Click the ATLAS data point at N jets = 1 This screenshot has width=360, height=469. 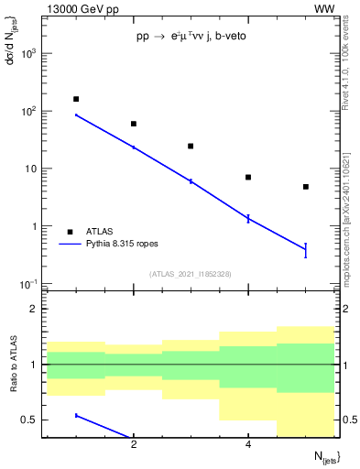click(76, 99)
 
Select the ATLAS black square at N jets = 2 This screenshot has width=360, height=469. click(134, 124)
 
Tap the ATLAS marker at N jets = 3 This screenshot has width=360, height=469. click(191, 146)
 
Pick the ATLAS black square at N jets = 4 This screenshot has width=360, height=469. click(248, 177)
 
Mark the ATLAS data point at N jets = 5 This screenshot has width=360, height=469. click(306, 187)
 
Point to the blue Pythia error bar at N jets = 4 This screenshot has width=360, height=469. click(248, 218)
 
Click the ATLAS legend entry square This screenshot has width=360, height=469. click(71, 232)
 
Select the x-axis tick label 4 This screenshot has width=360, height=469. click(248, 444)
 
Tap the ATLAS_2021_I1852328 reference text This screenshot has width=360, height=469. click(191, 274)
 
